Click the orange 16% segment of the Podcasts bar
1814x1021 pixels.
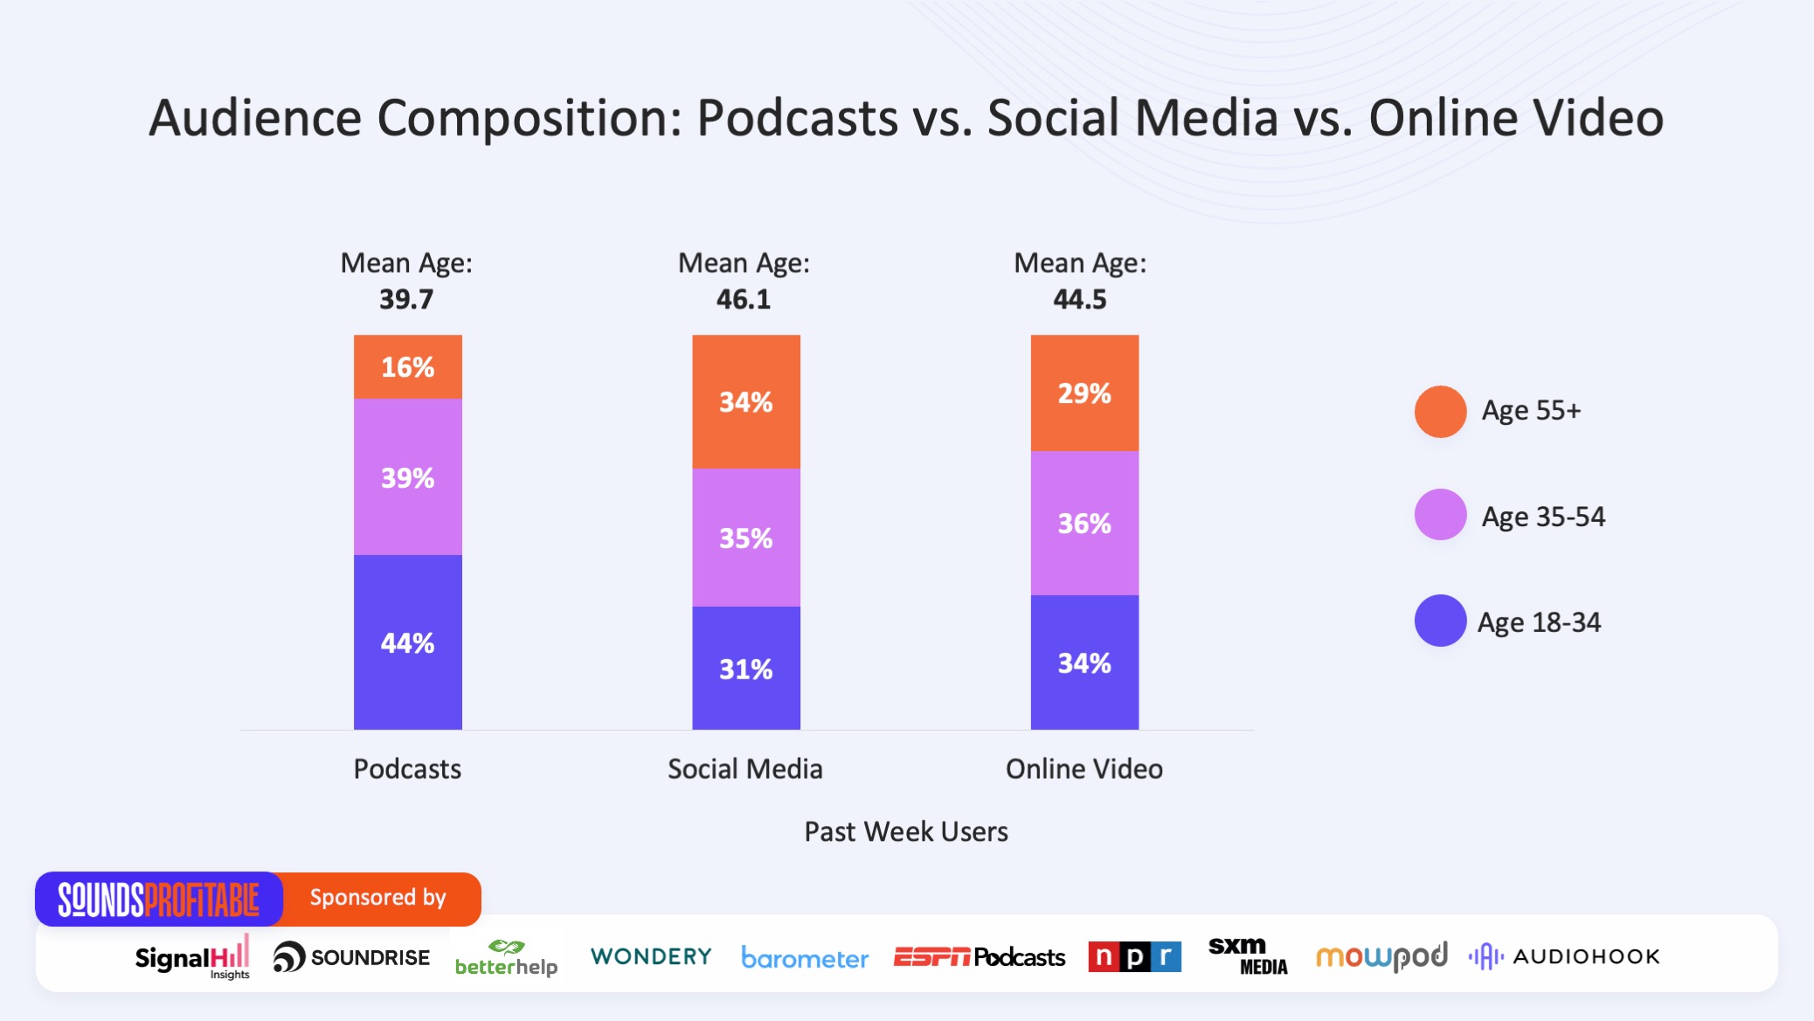click(407, 367)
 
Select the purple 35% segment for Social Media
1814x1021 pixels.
click(745, 538)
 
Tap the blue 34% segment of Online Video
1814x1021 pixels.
click(1084, 663)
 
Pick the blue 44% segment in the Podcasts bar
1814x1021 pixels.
click(407, 642)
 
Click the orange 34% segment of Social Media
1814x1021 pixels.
click(745, 402)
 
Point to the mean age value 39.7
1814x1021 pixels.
click(406, 300)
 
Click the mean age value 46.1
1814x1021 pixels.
click(744, 300)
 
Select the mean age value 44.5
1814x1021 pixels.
click(1080, 300)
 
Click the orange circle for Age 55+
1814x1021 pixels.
click(1440, 411)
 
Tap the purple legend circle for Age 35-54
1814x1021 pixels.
click(1440, 515)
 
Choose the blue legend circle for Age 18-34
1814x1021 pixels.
click(1440, 621)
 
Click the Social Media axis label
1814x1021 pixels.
click(744, 769)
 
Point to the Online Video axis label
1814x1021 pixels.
click(1084, 769)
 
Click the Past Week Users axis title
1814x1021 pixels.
click(906, 831)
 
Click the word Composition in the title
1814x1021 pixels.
click(529, 119)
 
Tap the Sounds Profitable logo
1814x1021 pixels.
click(159, 899)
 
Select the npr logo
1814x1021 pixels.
click(1134, 956)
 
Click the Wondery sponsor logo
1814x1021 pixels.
click(651, 956)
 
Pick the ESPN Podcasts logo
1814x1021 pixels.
click(979, 957)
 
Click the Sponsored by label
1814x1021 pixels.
click(377, 898)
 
